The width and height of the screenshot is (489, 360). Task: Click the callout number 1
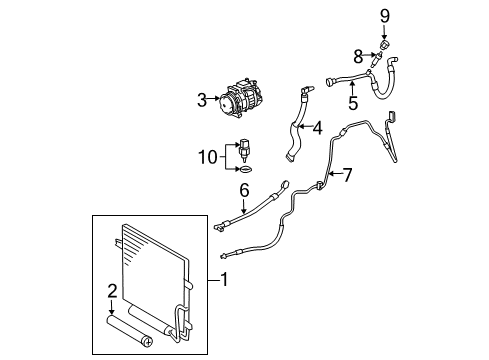point(225,279)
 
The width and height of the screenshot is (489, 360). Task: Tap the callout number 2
point(112,291)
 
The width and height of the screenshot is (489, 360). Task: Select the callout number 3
point(202,100)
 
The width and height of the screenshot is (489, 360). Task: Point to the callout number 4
point(318,128)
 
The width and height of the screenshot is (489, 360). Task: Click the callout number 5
point(353,103)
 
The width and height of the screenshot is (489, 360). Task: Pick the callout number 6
point(244,191)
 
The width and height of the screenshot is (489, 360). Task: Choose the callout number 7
point(347,175)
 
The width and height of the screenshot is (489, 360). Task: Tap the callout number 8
point(358,57)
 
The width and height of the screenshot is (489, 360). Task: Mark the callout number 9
point(385,16)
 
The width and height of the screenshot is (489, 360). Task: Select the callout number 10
point(208,157)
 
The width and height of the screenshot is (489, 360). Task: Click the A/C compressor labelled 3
point(240,99)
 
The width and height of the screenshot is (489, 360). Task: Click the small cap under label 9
point(385,44)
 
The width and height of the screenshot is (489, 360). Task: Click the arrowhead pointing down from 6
point(244,211)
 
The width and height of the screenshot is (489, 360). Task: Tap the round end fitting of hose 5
point(330,81)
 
